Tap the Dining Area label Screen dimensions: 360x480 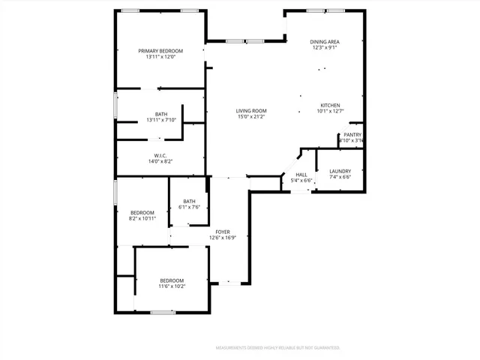coord(325,41)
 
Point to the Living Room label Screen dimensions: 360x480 coord(251,111)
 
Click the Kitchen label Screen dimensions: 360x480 coord(331,105)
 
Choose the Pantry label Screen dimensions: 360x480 coord(352,135)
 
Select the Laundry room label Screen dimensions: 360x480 coord(340,171)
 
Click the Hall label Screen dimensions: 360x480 coord(301,175)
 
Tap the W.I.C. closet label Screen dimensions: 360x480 coord(160,155)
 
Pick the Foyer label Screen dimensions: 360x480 coord(223,232)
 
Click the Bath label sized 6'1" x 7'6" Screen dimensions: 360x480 coord(189,201)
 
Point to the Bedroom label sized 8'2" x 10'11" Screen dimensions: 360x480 coord(142,212)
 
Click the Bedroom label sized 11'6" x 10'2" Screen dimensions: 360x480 coord(171,280)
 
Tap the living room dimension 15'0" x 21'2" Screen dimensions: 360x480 coord(251,118)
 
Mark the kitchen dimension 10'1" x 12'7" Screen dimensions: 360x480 coord(331,112)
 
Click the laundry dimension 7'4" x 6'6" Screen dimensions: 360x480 coord(340,178)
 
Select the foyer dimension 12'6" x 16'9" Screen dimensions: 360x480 coord(223,238)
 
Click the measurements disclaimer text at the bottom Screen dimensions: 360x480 coord(278,348)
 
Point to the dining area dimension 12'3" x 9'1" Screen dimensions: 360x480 coord(325,48)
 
